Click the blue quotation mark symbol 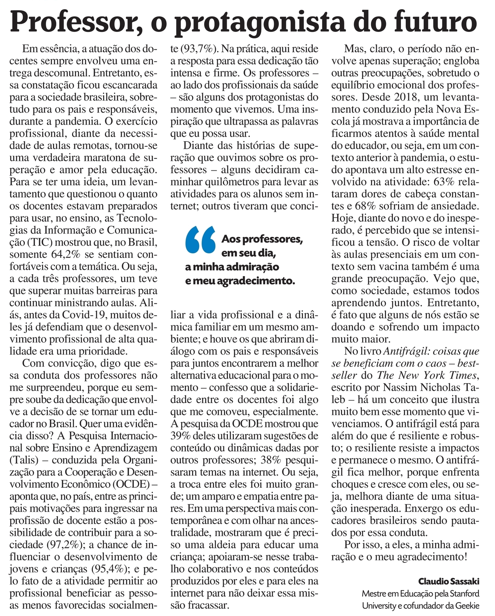[x=200, y=240]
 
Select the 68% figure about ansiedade [x=365, y=206]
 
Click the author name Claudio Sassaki [x=449, y=581]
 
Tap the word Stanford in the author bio [x=464, y=593]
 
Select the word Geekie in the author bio [x=467, y=605]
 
